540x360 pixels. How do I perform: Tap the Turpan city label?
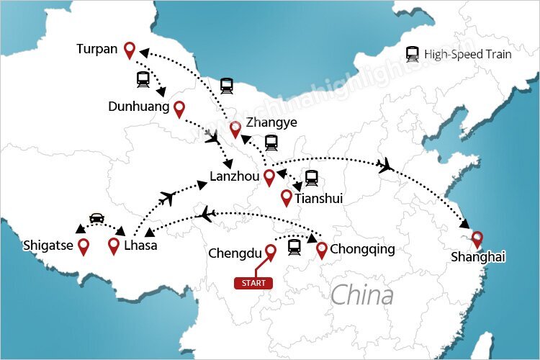click(x=97, y=50)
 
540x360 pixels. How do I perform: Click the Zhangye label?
click(x=271, y=122)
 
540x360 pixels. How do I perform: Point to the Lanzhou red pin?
click(x=269, y=177)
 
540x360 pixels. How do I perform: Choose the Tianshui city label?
click(x=318, y=197)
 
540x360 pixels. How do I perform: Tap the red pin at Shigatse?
click(x=84, y=246)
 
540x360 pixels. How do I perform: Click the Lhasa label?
click(x=140, y=246)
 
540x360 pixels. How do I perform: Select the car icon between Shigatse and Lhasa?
click(x=96, y=217)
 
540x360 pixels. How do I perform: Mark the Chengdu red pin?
click(x=271, y=251)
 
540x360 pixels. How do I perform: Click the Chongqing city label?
click(x=363, y=250)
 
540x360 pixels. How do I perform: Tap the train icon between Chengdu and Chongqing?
click(x=294, y=248)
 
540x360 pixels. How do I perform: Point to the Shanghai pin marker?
click(x=476, y=239)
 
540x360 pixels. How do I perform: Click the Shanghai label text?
click(x=478, y=257)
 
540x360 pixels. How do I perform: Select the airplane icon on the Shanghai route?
click(x=387, y=166)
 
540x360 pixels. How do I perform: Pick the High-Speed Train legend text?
click(x=468, y=53)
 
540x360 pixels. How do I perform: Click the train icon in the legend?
click(x=413, y=53)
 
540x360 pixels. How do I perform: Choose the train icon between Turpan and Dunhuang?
click(x=143, y=78)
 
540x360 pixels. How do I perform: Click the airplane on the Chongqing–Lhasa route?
click(x=208, y=213)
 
